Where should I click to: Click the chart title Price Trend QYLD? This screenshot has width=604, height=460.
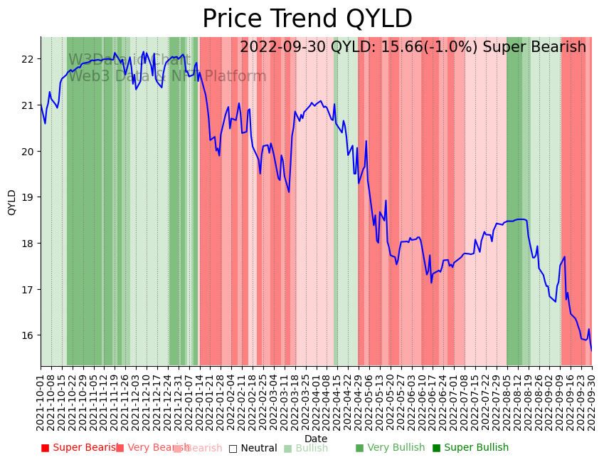coord(307,19)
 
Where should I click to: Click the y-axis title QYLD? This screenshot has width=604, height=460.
coord(12,202)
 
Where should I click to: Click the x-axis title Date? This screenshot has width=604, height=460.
coord(316,439)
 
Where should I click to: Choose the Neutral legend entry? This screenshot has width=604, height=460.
coord(253,448)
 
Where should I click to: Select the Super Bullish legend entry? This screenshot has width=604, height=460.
coord(471,448)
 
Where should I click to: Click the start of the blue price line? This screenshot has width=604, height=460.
coord(41,106)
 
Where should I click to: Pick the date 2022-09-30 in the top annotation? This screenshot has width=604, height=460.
coord(282,47)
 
